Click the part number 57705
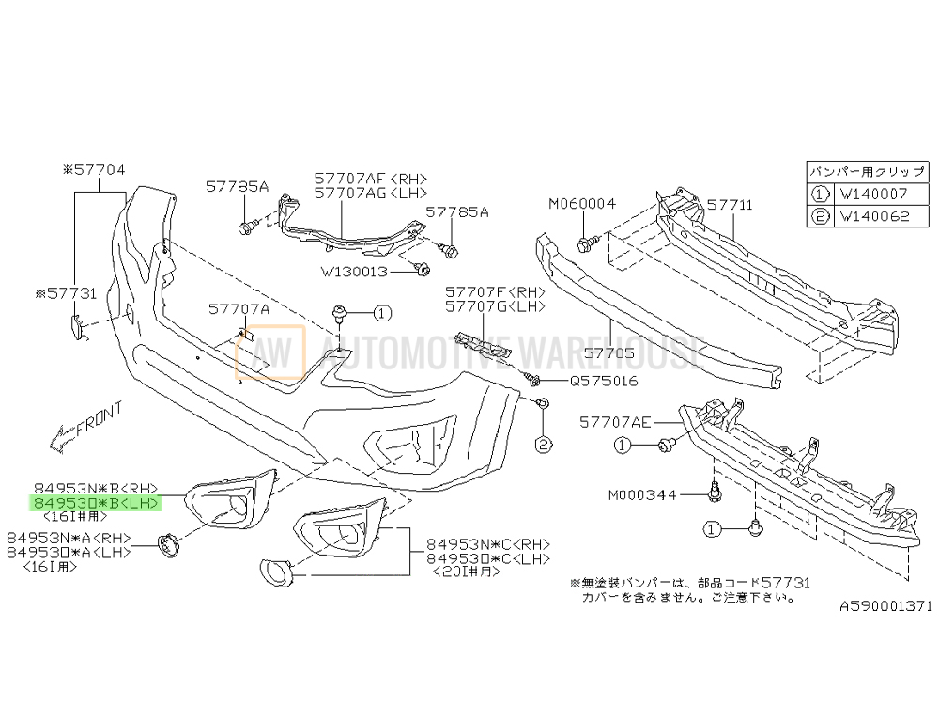pyautogui.click(x=609, y=355)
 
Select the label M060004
pyautogui.click(x=582, y=203)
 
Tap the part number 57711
pyautogui.click(x=730, y=203)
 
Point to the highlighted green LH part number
pyautogui.click(x=94, y=504)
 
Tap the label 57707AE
pyautogui.click(x=615, y=423)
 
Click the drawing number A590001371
pyautogui.click(x=886, y=608)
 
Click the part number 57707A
pyautogui.click(x=239, y=308)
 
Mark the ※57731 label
pyautogui.click(x=65, y=293)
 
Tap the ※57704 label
pyautogui.click(x=94, y=170)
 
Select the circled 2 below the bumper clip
pyautogui.click(x=543, y=444)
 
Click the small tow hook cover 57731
pyautogui.click(x=79, y=325)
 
